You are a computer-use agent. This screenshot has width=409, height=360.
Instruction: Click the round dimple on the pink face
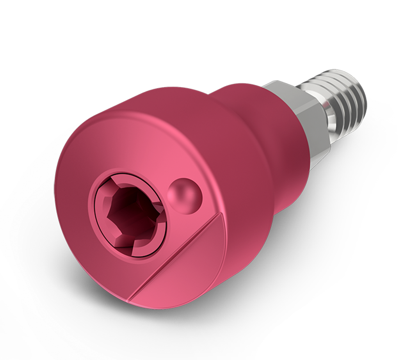pos(183,195)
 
